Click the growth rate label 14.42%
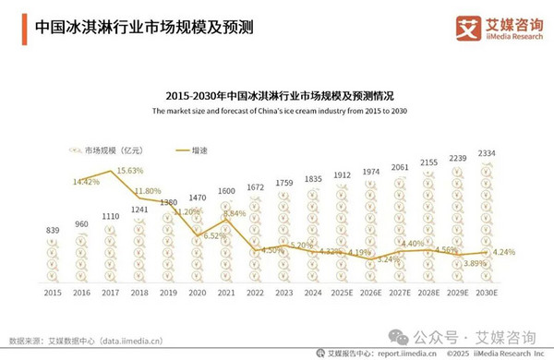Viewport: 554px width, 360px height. point(89,182)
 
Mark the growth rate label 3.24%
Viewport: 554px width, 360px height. point(389,259)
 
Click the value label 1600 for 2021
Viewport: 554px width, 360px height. point(225,191)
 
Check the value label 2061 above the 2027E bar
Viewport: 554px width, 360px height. point(400,167)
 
